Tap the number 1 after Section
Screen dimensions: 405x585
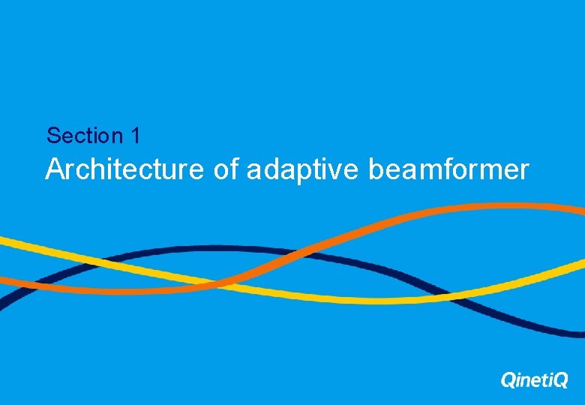click(135, 136)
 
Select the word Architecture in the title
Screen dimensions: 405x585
click(124, 169)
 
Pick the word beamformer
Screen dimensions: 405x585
click(448, 169)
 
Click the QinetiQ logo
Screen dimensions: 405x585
click(534, 380)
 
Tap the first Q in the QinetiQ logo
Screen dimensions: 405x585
click(508, 381)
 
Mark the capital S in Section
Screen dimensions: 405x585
click(52, 136)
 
